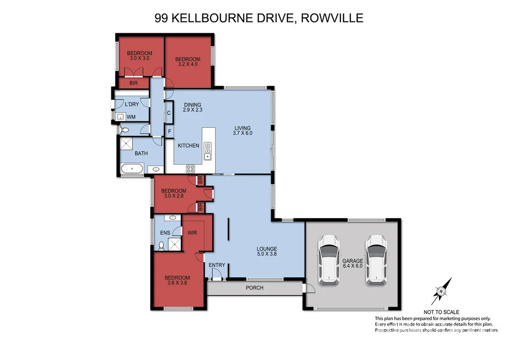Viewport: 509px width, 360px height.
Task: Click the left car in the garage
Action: (329, 260)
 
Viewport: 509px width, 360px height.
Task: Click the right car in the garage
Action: (376, 260)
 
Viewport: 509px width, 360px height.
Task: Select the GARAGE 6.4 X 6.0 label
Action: (352, 263)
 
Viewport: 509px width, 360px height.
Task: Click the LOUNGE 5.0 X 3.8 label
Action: (267, 252)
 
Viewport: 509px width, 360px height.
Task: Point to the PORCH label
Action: (254, 288)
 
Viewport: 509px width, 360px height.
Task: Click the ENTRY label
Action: (217, 266)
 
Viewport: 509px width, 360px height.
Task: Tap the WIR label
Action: (193, 232)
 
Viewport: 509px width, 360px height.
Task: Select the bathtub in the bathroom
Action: (132, 170)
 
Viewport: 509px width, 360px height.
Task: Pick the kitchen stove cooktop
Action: (190, 169)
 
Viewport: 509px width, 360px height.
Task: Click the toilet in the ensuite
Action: (162, 245)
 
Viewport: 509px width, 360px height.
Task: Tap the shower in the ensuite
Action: (174, 244)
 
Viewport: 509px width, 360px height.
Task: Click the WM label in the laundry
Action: (131, 117)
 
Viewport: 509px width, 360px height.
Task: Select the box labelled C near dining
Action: (169, 113)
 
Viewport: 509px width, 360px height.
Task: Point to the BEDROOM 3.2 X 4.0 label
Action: (188, 61)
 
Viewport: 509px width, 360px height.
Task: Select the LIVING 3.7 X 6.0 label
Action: (242, 130)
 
